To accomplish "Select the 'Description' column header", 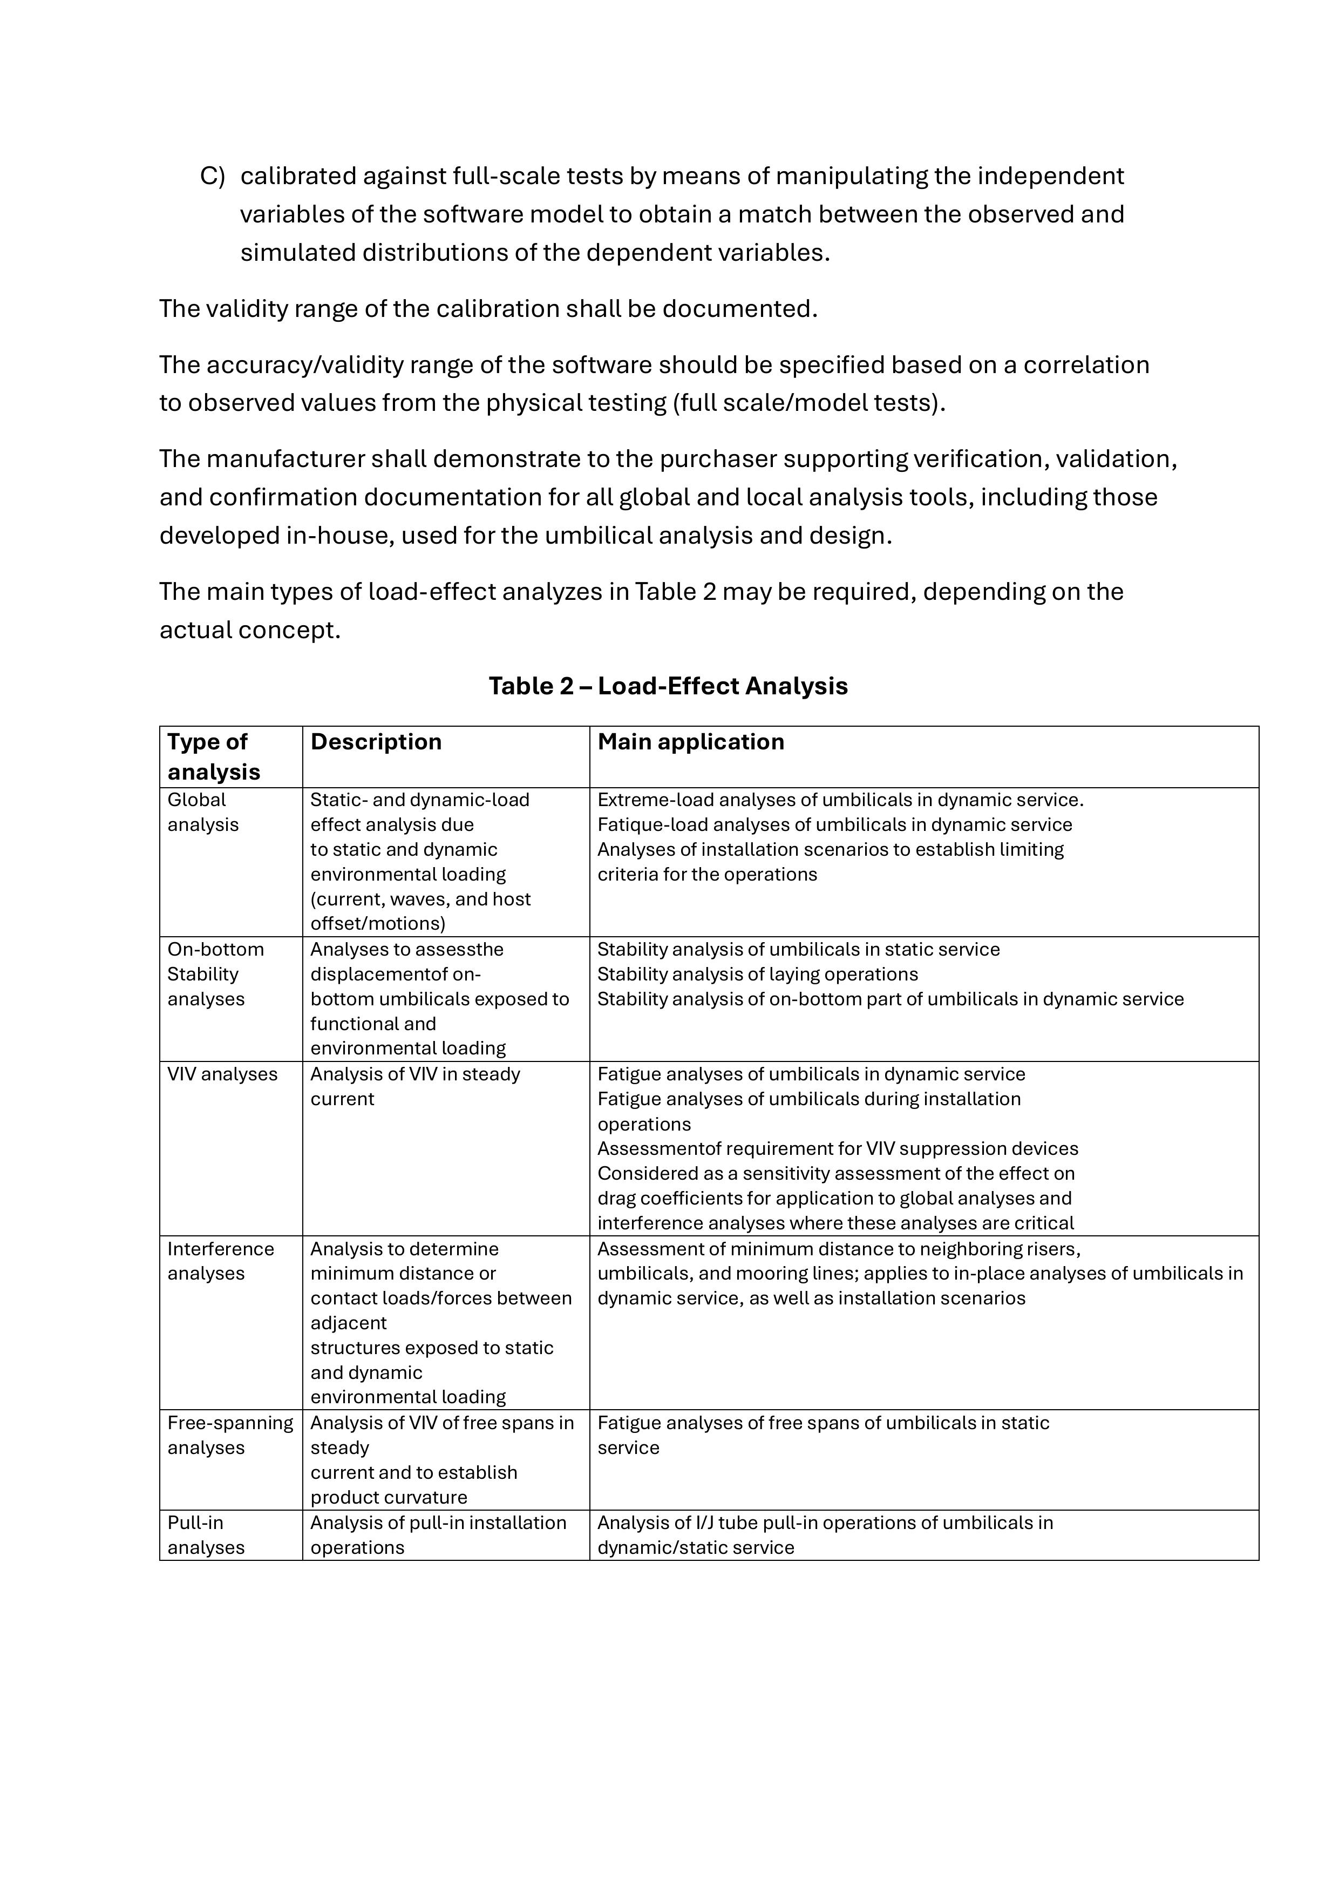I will (x=376, y=742).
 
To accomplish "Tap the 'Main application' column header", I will (x=691, y=742).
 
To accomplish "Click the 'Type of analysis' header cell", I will (x=214, y=756).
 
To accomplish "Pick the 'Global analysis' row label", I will (x=203, y=813).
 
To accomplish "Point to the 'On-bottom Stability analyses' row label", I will (x=215, y=974).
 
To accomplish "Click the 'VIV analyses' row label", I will (x=222, y=1074).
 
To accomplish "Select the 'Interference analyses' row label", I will (x=220, y=1261).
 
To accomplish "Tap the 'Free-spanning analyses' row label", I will (x=230, y=1436).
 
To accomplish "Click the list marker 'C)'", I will (x=212, y=177).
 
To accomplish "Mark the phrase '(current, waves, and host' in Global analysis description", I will (x=420, y=899).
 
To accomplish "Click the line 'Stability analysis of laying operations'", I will (x=757, y=974).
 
